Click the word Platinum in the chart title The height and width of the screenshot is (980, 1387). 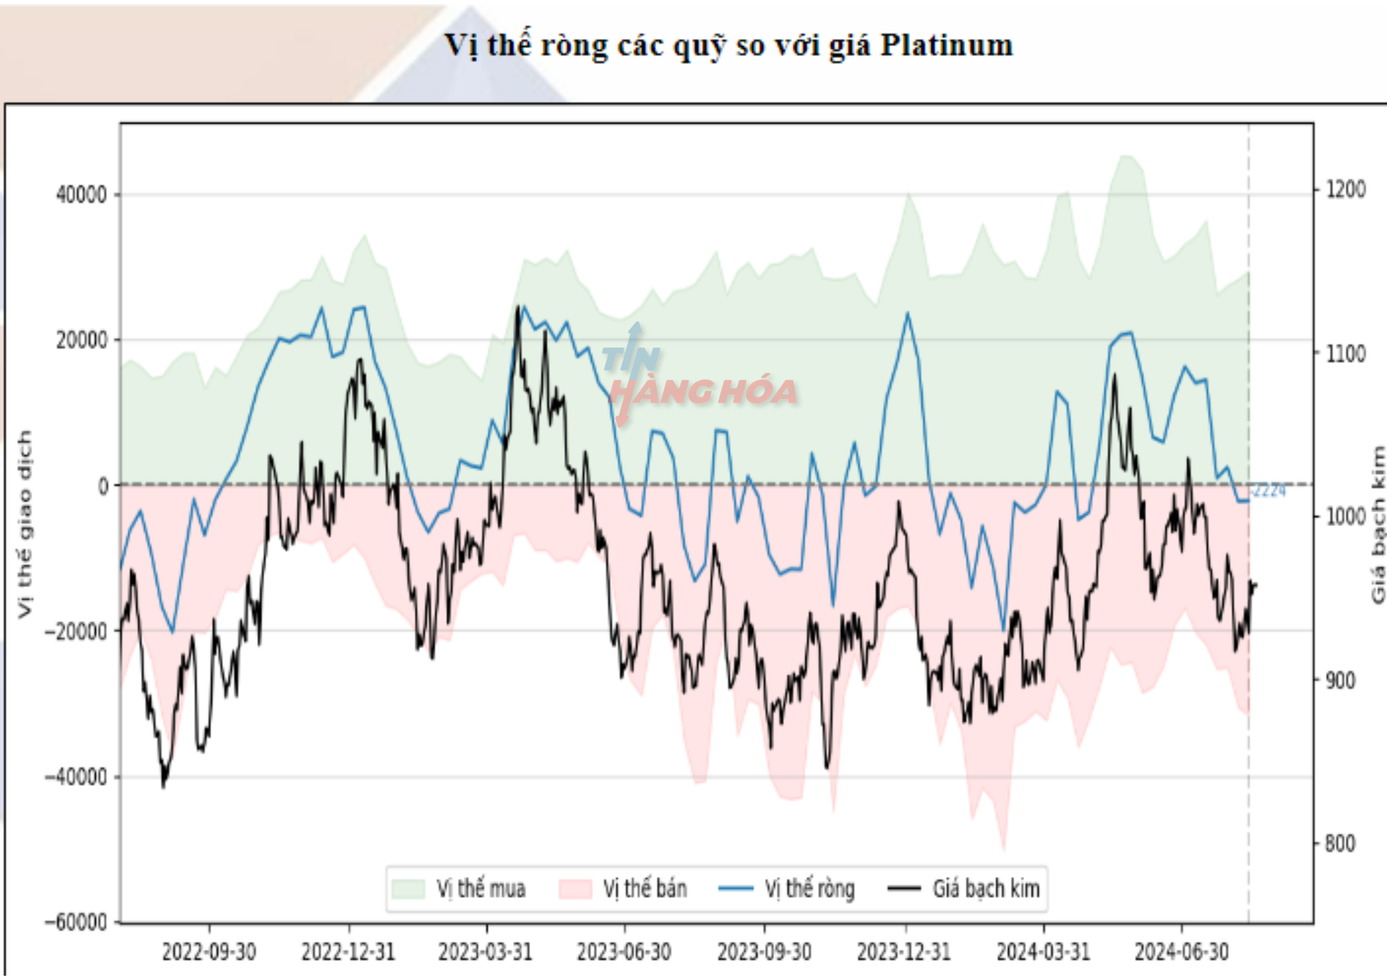coord(946,45)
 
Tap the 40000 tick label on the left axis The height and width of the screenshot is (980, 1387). coord(82,195)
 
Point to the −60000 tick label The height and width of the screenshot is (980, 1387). coord(76,922)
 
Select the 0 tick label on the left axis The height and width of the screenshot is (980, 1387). coord(103,487)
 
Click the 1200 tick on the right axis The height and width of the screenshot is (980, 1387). coord(1346,189)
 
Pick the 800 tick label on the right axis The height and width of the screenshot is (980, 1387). coord(1340,844)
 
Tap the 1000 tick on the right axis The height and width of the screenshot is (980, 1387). coord(1346,516)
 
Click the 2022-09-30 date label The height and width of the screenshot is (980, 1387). coord(209,952)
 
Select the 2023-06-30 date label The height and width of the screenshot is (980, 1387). coord(624,952)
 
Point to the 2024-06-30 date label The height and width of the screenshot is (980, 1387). coord(1181,952)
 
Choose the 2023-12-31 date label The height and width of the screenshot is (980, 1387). coord(904,952)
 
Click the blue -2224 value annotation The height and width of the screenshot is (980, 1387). coord(1268,491)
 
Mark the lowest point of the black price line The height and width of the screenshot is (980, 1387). coord(163,786)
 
